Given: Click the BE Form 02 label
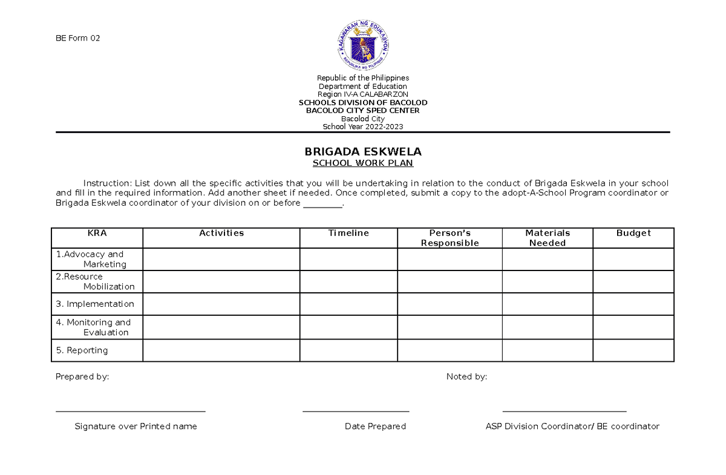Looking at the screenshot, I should [x=77, y=38].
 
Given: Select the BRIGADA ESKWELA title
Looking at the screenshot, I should [x=363, y=151].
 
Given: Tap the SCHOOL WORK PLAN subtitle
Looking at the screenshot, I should [x=363, y=163].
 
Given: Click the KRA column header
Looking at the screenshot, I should [x=97, y=233].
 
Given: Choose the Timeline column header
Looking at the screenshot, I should [x=348, y=233].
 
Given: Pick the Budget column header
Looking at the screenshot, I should [x=633, y=233].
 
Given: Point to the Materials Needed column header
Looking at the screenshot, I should [x=547, y=238].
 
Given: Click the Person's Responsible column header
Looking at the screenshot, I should [x=450, y=238].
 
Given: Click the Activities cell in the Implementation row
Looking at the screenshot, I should [x=221, y=304].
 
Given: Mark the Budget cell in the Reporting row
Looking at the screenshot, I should [x=633, y=350].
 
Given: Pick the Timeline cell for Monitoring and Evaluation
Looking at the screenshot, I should [x=348, y=327].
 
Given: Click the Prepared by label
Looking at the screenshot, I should [x=82, y=376].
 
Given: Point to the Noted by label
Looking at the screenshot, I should [x=466, y=376].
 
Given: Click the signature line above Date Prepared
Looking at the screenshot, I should [x=356, y=411].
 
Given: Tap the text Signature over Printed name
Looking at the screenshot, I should [x=136, y=426].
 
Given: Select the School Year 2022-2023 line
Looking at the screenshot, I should [x=363, y=126].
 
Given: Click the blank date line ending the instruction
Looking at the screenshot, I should [x=322, y=205].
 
